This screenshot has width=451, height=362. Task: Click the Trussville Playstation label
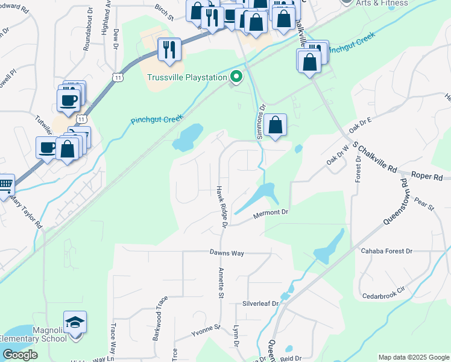coord(187,77)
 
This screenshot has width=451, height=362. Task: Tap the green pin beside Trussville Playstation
coord(236,77)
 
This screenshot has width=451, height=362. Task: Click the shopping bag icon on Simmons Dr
coord(275,125)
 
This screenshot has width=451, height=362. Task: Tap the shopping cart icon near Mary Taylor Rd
coord(5,185)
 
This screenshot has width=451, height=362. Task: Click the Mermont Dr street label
coord(271,212)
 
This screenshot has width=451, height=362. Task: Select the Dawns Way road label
coord(227,253)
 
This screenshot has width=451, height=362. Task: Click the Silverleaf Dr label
coord(259,303)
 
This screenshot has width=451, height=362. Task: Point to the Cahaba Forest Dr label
coord(386,250)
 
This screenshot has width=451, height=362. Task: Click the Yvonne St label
coord(206,329)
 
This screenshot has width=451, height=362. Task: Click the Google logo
coord(20,355)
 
